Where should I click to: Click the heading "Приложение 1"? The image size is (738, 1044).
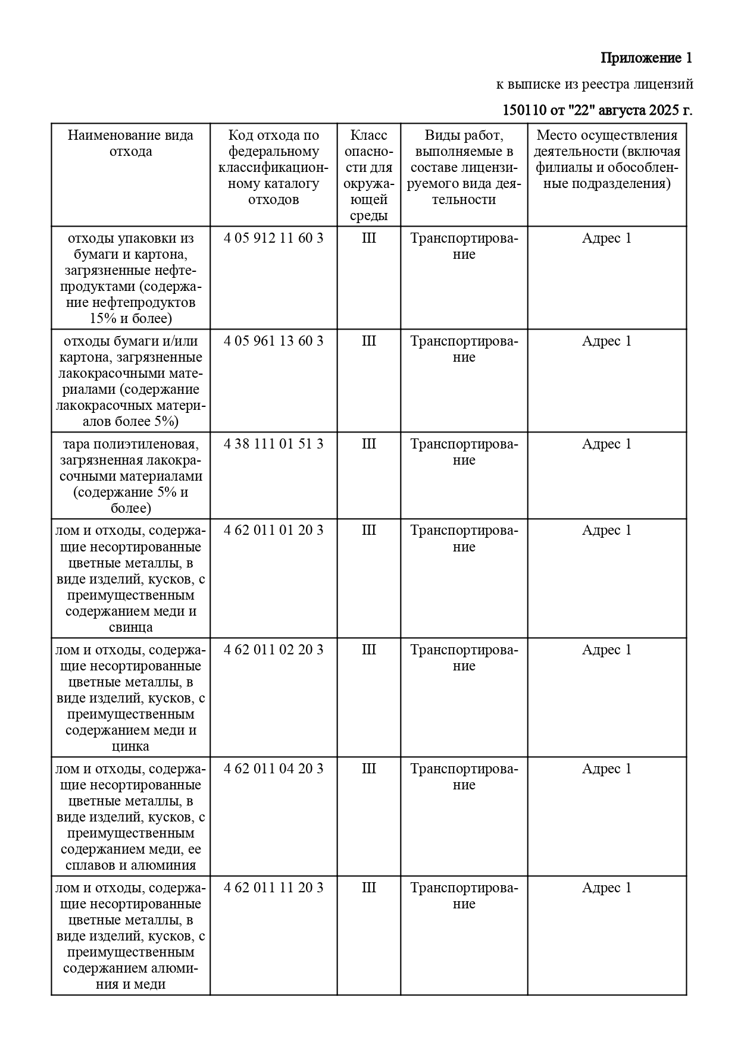[646, 58]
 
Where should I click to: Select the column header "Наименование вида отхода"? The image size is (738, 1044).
[130, 143]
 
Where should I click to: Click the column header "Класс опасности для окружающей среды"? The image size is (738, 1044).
[368, 175]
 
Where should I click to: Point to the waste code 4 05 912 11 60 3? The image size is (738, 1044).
[274, 239]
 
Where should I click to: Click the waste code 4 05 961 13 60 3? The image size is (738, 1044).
[274, 341]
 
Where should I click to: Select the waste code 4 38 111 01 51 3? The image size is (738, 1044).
[274, 444]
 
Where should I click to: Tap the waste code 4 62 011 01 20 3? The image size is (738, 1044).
[274, 531]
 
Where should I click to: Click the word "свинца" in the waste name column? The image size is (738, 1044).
[130, 628]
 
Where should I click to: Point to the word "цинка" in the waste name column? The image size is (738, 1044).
[130, 747]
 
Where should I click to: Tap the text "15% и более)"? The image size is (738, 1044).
[130, 319]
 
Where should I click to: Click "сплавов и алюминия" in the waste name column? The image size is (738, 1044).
[130, 866]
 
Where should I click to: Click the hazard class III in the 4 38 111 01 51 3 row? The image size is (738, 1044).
[368, 444]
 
